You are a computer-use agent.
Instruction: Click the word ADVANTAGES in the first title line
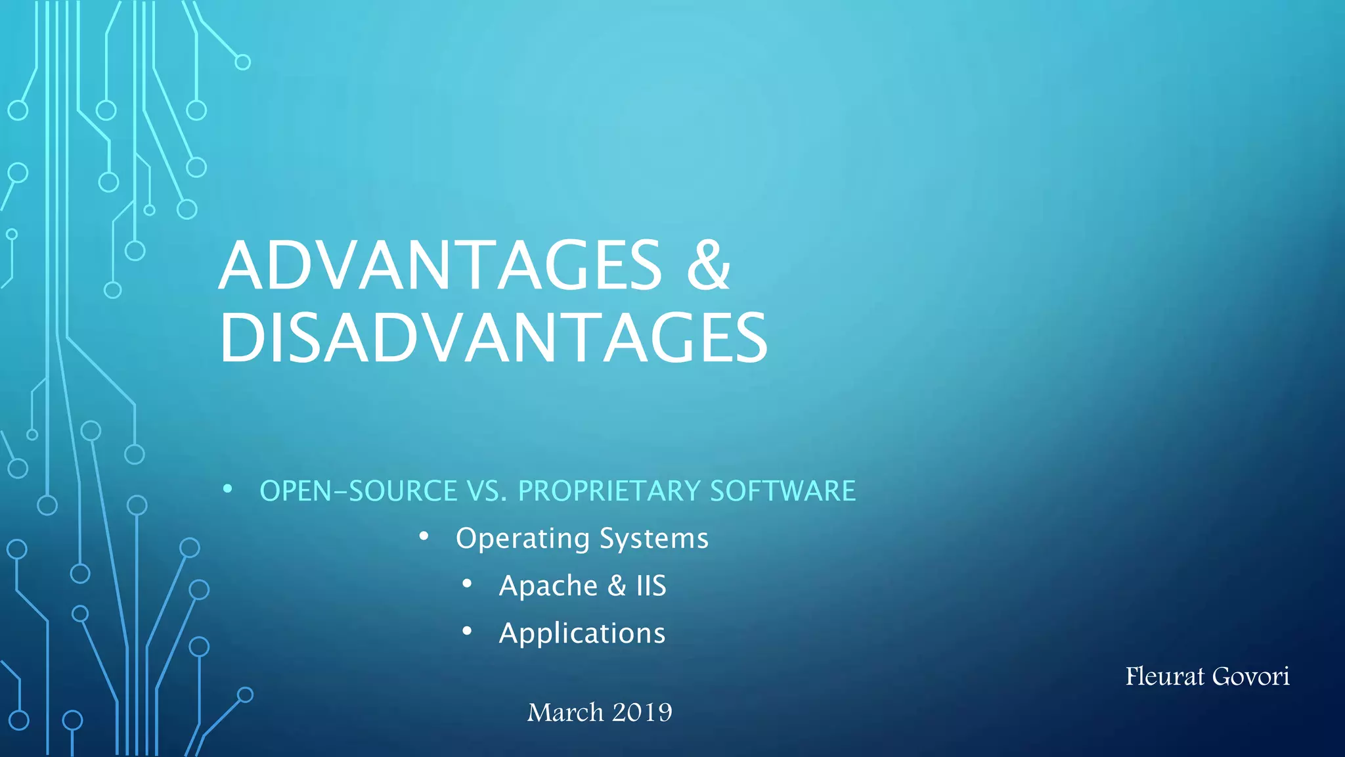coord(440,265)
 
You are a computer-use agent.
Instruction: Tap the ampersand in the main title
coord(708,265)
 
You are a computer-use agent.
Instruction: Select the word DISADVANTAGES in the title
coord(493,338)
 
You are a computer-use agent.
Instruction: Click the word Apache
coord(548,586)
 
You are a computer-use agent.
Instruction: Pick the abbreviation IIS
coord(651,586)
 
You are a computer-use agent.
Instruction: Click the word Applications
coord(582,633)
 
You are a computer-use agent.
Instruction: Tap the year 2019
coord(642,713)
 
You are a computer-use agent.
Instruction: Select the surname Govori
coord(1250,677)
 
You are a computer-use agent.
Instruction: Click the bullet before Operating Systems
coord(424,537)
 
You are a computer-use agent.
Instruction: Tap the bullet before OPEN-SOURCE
coord(227,489)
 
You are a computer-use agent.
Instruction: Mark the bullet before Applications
coord(467,631)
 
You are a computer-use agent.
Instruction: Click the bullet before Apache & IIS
coord(467,584)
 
